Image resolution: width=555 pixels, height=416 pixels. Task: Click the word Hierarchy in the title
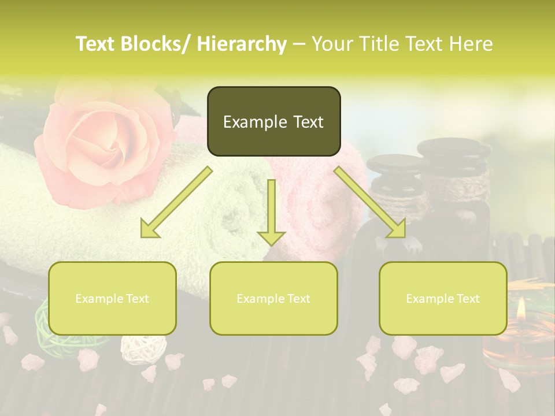click(x=242, y=44)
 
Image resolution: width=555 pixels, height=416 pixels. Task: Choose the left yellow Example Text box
click(x=112, y=298)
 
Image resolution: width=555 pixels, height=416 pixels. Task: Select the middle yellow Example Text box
click(x=273, y=298)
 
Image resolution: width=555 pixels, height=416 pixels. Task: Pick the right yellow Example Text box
click(x=443, y=298)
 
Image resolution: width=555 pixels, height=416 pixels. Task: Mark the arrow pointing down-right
click(x=371, y=203)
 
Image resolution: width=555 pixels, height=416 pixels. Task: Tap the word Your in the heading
click(x=332, y=44)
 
